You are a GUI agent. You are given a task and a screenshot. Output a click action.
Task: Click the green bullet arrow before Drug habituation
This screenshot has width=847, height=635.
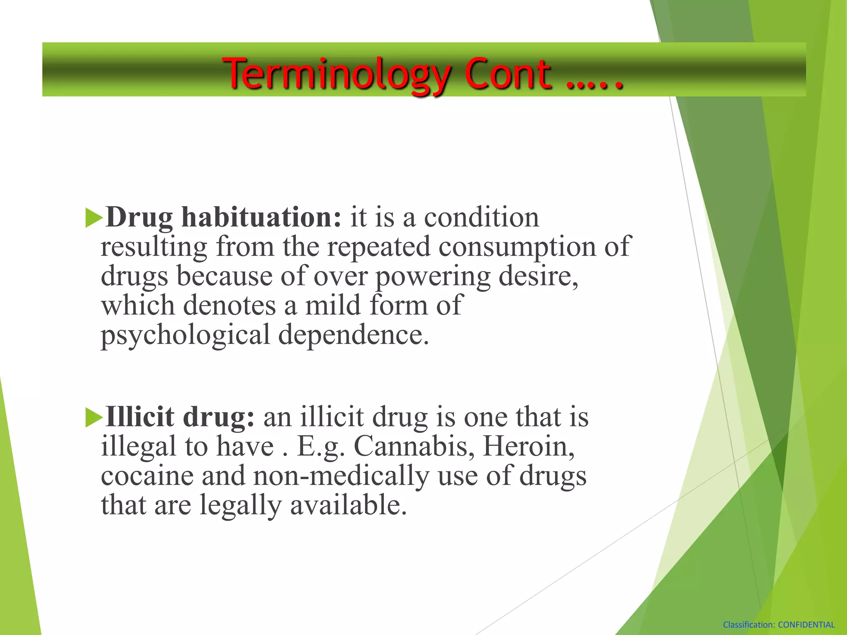click(93, 218)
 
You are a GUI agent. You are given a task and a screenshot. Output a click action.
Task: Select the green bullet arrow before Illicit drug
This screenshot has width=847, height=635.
click(93, 417)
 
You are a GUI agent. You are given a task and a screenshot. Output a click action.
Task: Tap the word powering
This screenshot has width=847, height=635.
click(433, 276)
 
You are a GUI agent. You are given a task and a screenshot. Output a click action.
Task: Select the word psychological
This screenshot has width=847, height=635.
click(185, 335)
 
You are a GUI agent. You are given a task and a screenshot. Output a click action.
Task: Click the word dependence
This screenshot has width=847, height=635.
click(354, 334)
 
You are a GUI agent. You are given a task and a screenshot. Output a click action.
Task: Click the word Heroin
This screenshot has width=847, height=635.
click(529, 446)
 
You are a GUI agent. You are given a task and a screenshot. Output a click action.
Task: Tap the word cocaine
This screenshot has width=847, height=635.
click(147, 476)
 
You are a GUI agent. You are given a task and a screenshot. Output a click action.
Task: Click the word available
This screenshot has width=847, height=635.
click(348, 505)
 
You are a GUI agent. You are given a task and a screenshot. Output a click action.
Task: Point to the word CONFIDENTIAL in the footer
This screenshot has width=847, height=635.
click(806, 625)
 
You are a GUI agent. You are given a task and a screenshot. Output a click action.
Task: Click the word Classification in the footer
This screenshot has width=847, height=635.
click(749, 625)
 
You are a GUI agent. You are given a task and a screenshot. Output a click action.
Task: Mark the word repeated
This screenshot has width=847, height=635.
click(379, 247)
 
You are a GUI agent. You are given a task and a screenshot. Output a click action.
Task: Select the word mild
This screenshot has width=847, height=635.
click(333, 306)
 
